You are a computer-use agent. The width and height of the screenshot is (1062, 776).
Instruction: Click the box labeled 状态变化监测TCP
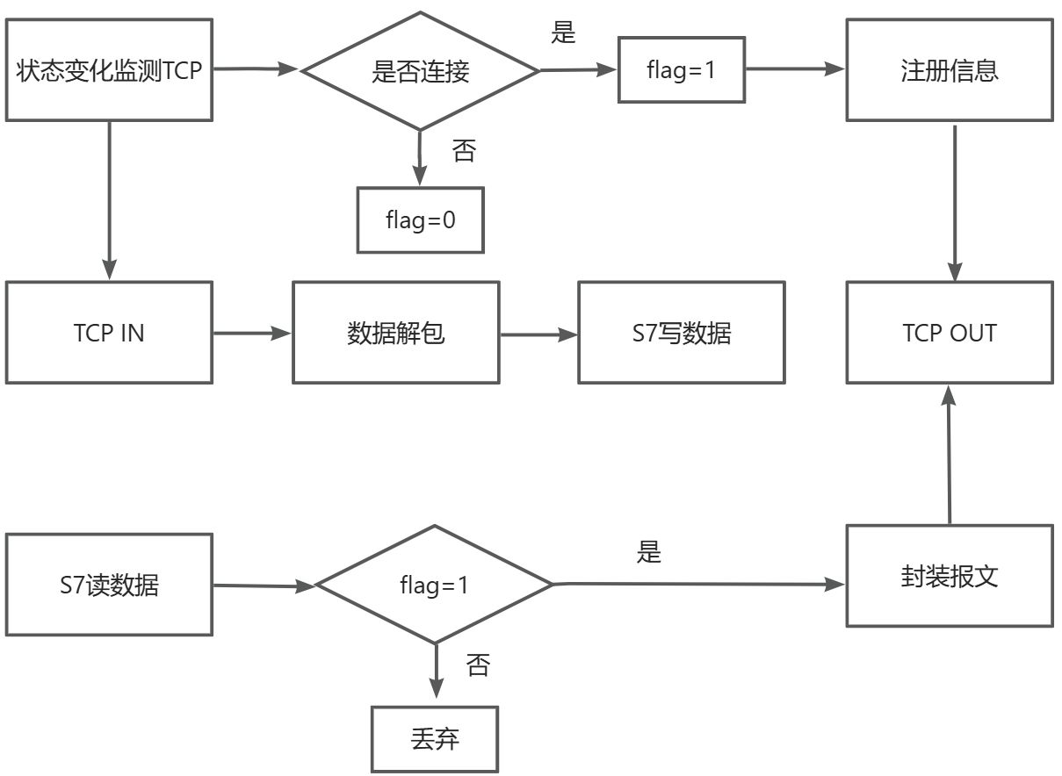click(x=109, y=70)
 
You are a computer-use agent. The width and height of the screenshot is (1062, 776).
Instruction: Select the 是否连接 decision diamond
click(x=420, y=71)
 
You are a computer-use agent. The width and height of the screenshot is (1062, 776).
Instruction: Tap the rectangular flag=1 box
click(x=682, y=69)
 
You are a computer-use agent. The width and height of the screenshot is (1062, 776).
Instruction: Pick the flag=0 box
click(x=420, y=219)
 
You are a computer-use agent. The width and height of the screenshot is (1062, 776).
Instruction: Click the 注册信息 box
click(x=949, y=70)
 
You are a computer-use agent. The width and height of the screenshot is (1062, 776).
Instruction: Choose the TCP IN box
click(x=109, y=333)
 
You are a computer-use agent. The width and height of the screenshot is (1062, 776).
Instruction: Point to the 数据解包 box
click(x=395, y=333)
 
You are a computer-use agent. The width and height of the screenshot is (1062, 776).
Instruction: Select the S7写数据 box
click(x=681, y=333)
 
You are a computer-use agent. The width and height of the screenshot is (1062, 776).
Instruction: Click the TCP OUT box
click(x=949, y=333)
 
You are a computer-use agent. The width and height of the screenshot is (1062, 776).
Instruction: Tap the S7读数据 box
click(x=109, y=585)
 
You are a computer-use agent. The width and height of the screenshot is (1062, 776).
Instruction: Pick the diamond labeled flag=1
click(x=434, y=585)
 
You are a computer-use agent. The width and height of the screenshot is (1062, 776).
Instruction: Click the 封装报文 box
click(x=949, y=576)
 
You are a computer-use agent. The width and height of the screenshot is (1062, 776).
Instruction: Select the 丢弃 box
click(x=434, y=739)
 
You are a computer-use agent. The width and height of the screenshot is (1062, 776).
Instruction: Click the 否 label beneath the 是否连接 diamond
click(x=464, y=151)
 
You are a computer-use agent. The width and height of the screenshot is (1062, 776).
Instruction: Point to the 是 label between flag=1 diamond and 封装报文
click(x=648, y=552)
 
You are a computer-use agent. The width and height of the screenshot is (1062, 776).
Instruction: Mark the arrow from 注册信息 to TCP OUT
click(x=955, y=202)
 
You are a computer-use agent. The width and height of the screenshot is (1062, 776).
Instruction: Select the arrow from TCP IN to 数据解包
click(x=252, y=334)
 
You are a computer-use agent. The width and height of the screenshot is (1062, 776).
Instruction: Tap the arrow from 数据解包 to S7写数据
click(x=538, y=334)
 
